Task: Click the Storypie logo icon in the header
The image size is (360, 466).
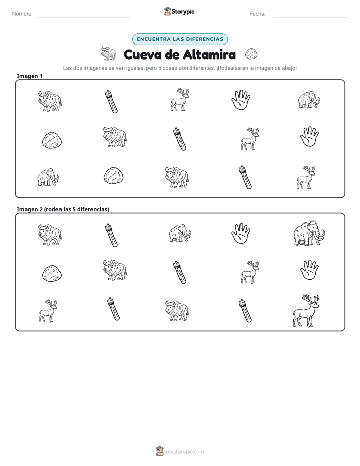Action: click(x=167, y=11)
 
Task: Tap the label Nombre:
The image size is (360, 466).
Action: click(x=22, y=14)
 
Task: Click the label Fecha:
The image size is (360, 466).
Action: click(x=257, y=14)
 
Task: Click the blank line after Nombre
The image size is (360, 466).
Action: click(x=83, y=17)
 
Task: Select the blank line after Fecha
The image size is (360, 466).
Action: click(x=311, y=17)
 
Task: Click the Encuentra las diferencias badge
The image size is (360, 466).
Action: click(x=180, y=39)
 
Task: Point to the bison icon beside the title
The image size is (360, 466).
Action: click(x=108, y=53)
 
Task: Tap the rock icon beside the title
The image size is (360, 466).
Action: click(x=251, y=54)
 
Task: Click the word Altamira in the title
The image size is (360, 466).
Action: click(x=209, y=54)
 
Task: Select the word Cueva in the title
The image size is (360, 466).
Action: click(x=142, y=54)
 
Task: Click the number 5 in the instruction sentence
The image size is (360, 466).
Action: click(x=159, y=68)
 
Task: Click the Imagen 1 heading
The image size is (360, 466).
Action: click(x=30, y=76)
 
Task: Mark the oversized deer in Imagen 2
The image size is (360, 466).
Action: click(x=306, y=311)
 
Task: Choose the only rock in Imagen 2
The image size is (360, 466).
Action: click(x=52, y=273)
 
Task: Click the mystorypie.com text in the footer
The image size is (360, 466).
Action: click(x=185, y=452)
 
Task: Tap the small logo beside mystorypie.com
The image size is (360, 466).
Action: click(x=160, y=451)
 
